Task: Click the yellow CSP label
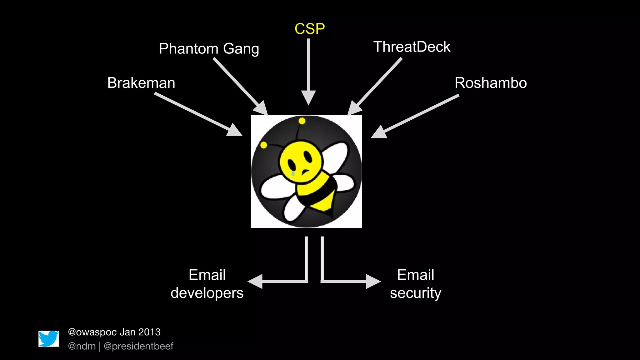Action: coord(309,29)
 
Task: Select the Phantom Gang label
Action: coord(209,49)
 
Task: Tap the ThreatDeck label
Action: coord(412,47)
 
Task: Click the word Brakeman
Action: coord(141,83)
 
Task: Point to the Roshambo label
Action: coord(491,83)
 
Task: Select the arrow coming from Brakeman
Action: coord(197,114)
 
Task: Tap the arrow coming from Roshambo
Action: coord(416,116)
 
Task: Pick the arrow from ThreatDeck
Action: coord(375,86)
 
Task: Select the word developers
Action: coord(207,293)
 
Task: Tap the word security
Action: coord(415,293)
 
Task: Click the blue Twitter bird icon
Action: coord(49,338)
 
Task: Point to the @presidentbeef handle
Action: coord(138,346)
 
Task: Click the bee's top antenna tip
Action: coord(302,121)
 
